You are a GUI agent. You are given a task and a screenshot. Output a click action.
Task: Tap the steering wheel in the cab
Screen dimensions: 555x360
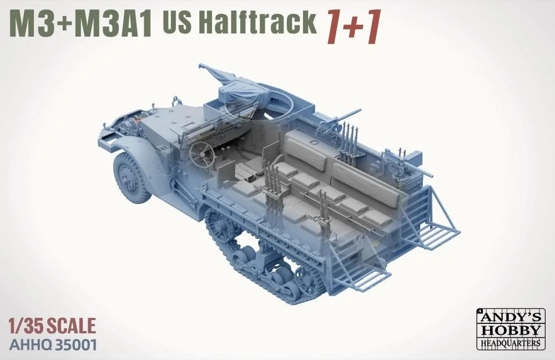(x=202, y=154)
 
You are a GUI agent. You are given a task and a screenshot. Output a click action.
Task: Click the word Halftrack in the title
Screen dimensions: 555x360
(x=260, y=22)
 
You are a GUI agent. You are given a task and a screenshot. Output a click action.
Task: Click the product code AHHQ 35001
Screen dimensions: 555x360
(x=53, y=344)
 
